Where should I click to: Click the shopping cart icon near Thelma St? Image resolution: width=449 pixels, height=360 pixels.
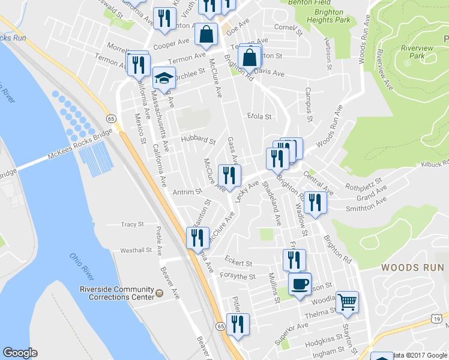click(347, 302)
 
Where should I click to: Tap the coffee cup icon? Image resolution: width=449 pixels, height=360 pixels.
click(300, 284)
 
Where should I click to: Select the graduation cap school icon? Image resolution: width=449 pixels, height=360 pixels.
click(163, 79)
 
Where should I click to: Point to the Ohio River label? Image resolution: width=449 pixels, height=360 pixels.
click(82, 266)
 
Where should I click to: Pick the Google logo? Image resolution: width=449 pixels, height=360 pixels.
click(20, 353)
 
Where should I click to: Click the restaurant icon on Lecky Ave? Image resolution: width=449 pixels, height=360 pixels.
click(229, 175)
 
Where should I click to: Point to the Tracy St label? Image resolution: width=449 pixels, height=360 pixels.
click(132, 224)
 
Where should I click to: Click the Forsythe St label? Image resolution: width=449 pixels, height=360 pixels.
click(240, 277)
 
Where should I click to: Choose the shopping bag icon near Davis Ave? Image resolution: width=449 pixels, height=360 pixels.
click(249, 58)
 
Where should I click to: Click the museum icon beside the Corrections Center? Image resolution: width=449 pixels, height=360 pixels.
click(159, 293)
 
